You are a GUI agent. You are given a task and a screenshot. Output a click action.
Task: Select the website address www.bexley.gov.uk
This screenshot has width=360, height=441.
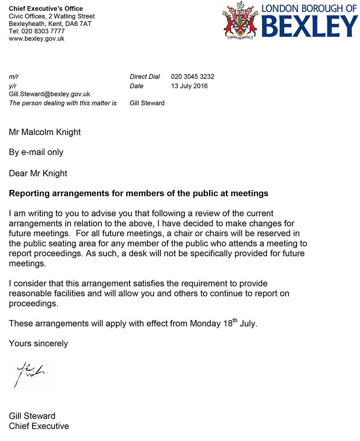click(x=36, y=39)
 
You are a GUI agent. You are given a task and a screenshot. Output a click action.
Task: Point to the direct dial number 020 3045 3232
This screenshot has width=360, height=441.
click(x=192, y=77)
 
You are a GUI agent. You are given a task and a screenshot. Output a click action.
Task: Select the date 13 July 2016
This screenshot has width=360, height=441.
click(x=189, y=86)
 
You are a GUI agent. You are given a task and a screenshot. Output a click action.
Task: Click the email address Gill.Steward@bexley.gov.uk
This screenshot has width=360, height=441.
click(x=50, y=94)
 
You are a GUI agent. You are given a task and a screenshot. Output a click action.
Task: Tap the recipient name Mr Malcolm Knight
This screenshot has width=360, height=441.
click(x=45, y=132)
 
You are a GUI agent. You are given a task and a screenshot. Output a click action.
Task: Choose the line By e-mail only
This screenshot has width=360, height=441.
click(x=36, y=152)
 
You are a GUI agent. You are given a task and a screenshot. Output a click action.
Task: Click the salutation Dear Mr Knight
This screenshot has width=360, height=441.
click(x=38, y=173)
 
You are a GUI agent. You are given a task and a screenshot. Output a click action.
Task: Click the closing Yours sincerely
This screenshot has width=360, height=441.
click(x=38, y=343)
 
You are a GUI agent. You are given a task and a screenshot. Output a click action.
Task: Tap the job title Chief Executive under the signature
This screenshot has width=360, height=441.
click(x=39, y=426)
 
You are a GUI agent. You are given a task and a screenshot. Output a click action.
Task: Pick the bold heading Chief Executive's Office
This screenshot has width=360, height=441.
click(x=46, y=8)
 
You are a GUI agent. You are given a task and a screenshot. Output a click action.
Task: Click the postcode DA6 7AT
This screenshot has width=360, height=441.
click(x=82, y=24)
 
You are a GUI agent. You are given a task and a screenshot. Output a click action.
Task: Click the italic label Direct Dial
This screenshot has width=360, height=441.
click(x=145, y=77)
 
